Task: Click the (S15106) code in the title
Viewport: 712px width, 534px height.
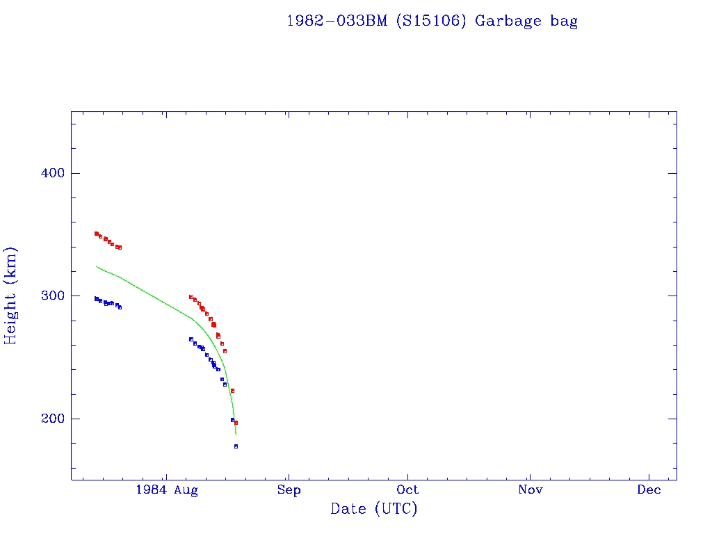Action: point(430,21)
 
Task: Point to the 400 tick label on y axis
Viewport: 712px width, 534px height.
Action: point(47,173)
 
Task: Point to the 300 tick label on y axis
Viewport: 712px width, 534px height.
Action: point(47,296)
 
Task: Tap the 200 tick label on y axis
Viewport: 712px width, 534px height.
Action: point(47,419)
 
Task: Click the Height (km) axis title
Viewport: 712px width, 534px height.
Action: point(10,296)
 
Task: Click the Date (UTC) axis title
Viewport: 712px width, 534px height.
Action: point(374,509)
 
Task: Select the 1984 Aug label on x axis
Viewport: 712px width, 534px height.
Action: point(167,490)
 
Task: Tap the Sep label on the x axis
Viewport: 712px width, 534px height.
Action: point(289,490)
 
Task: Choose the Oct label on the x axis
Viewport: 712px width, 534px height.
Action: point(408,490)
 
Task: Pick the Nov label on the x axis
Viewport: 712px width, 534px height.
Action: point(530,490)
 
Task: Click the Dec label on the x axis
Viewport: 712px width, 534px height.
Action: point(649,490)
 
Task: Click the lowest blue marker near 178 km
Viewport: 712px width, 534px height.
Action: point(236,446)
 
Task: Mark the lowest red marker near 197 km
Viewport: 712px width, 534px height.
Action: point(236,423)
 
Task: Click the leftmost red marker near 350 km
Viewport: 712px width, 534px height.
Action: point(96,234)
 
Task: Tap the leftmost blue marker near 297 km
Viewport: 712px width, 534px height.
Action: point(96,298)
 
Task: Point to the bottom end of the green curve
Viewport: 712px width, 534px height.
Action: point(236,435)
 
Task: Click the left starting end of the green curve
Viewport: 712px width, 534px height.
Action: point(97,266)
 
